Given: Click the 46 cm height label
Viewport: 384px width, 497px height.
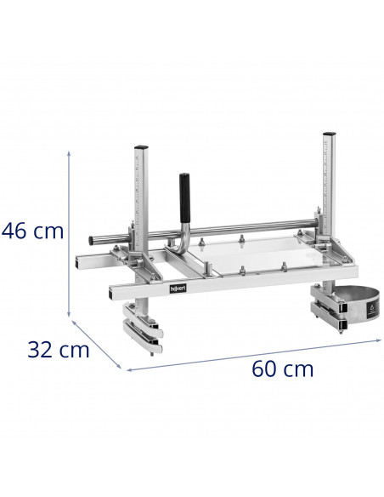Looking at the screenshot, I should click(x=32, y=231).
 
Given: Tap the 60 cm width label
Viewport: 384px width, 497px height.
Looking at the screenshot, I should click(x=282, y=368).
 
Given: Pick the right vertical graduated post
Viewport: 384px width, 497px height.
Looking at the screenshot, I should click(x=328, y=187).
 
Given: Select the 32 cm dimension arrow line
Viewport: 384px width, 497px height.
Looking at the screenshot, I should click(x=99, y=346).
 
